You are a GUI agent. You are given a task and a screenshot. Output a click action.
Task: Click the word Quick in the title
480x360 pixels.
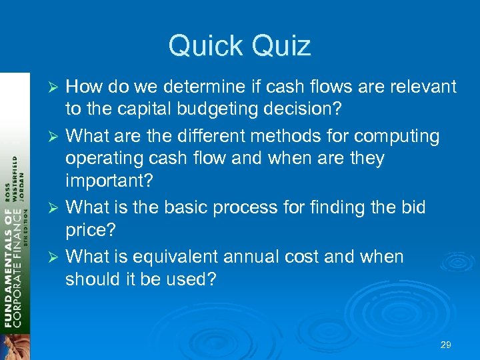coord(204,46)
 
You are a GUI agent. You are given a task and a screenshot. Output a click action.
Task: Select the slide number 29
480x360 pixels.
coord(446,345)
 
